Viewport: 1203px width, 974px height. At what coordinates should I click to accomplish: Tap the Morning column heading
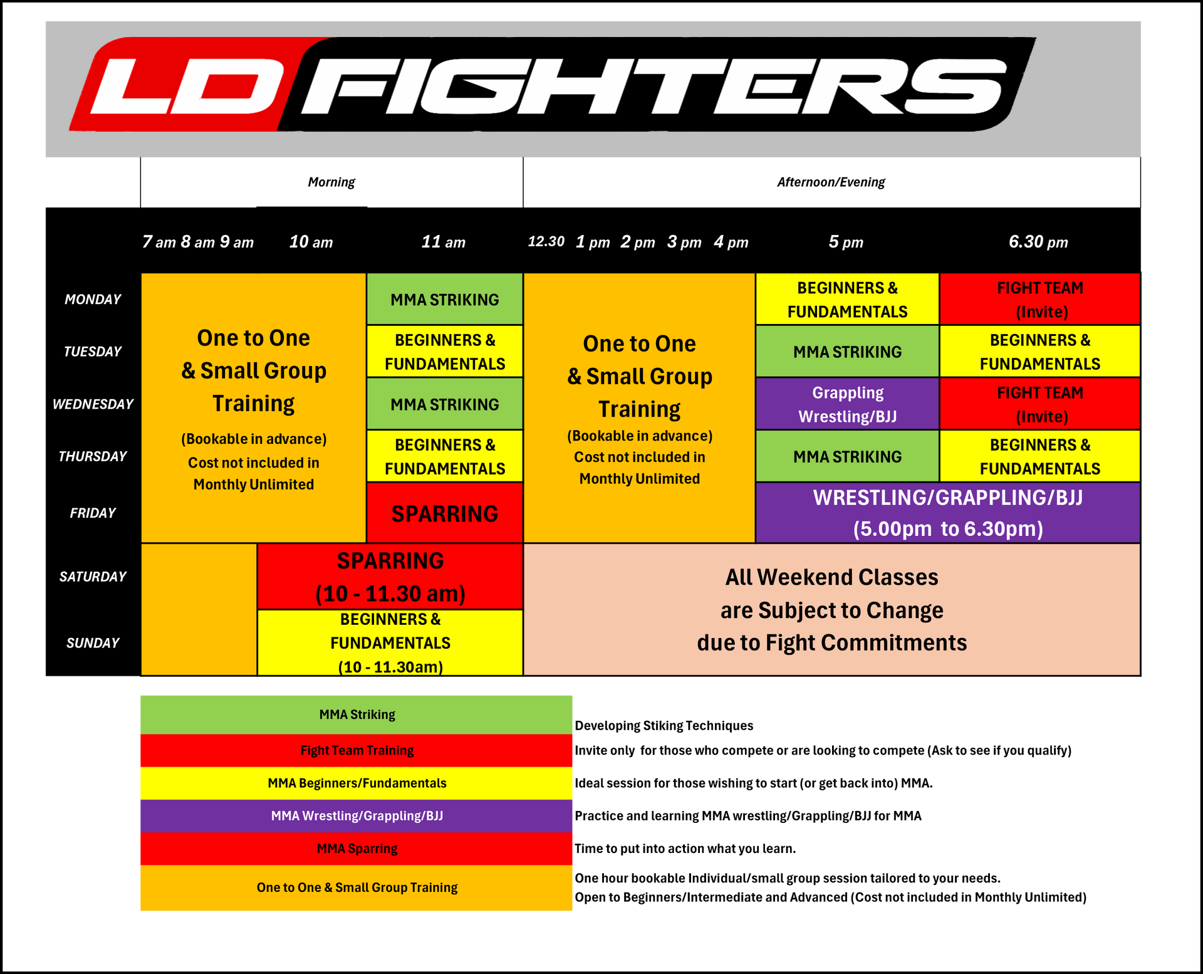pos(331,182)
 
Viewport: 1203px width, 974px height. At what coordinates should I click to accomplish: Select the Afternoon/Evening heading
pos(831,182)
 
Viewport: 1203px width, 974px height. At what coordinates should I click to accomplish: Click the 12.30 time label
pos(546,241)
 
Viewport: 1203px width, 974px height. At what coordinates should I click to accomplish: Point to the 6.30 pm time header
pos(1038,242)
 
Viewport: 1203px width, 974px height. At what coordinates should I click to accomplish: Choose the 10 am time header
pos(311,242)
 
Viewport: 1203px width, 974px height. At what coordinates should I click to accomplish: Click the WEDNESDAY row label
pos(93,404)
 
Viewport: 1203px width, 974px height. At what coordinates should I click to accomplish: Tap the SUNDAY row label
pos(93,643)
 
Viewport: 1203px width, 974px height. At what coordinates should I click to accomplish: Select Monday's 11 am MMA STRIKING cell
pos(445,299)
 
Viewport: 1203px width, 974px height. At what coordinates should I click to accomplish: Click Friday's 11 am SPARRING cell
pos(445,513)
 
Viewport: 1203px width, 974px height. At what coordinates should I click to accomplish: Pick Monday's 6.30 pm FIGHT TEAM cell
pos(1039,299)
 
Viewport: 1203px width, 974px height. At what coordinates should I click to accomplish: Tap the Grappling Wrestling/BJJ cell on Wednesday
pos(847,404)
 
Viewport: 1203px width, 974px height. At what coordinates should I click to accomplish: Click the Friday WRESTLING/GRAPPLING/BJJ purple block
pos(947,513)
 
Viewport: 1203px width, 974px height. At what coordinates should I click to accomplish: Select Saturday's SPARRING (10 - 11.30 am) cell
pos(390,577)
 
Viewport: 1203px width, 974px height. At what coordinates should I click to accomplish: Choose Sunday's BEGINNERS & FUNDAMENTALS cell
pos(390,643)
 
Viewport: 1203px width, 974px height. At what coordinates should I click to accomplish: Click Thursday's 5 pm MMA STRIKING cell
pos(847,456)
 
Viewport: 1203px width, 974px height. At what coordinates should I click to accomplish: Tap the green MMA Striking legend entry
pos(357,715)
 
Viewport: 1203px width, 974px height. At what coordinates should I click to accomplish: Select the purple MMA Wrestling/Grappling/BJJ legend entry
pos(357,816)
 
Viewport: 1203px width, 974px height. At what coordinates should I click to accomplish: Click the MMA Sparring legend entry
pos(357,849)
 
